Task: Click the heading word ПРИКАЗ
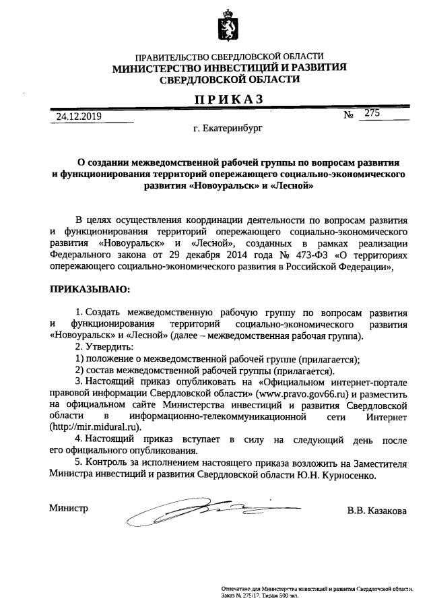tap(229, 100)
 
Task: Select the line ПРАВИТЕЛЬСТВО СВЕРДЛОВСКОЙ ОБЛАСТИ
tap(229, 57)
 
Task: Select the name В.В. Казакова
tap(376, 511)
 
